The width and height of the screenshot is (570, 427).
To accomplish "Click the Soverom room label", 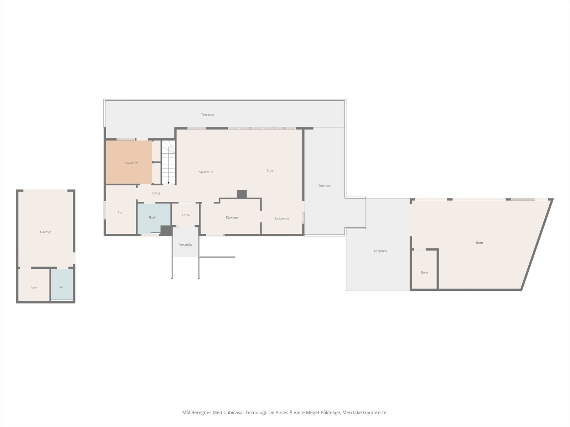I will [131, 163].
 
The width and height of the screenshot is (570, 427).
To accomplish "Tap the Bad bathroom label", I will [152, 217].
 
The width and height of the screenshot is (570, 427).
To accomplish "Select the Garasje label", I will [46, 232].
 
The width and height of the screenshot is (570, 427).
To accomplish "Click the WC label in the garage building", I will [62, 287].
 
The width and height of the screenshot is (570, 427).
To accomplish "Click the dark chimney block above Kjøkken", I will [242, 194].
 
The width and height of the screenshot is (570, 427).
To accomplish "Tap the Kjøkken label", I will [232, 217].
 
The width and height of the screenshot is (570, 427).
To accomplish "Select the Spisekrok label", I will [282, 218].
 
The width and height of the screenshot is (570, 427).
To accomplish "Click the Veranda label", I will [185, 244].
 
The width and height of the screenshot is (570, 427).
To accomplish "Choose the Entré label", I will [186, 215].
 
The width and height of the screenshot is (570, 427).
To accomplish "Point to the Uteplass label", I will [380, 251].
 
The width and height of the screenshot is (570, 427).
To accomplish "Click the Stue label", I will [270, 170].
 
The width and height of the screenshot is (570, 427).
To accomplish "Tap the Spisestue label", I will [206, 172].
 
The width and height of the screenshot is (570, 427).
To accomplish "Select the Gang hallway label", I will [156, 193].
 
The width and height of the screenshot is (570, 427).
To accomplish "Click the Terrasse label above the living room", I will [207, 115].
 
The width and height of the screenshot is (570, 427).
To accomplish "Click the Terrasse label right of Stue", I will [325, 186].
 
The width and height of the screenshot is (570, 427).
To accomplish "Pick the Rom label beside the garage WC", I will [34, 288].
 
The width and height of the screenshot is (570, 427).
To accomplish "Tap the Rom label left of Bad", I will [121, 212].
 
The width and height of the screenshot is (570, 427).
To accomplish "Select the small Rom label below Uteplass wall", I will [424, 273].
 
